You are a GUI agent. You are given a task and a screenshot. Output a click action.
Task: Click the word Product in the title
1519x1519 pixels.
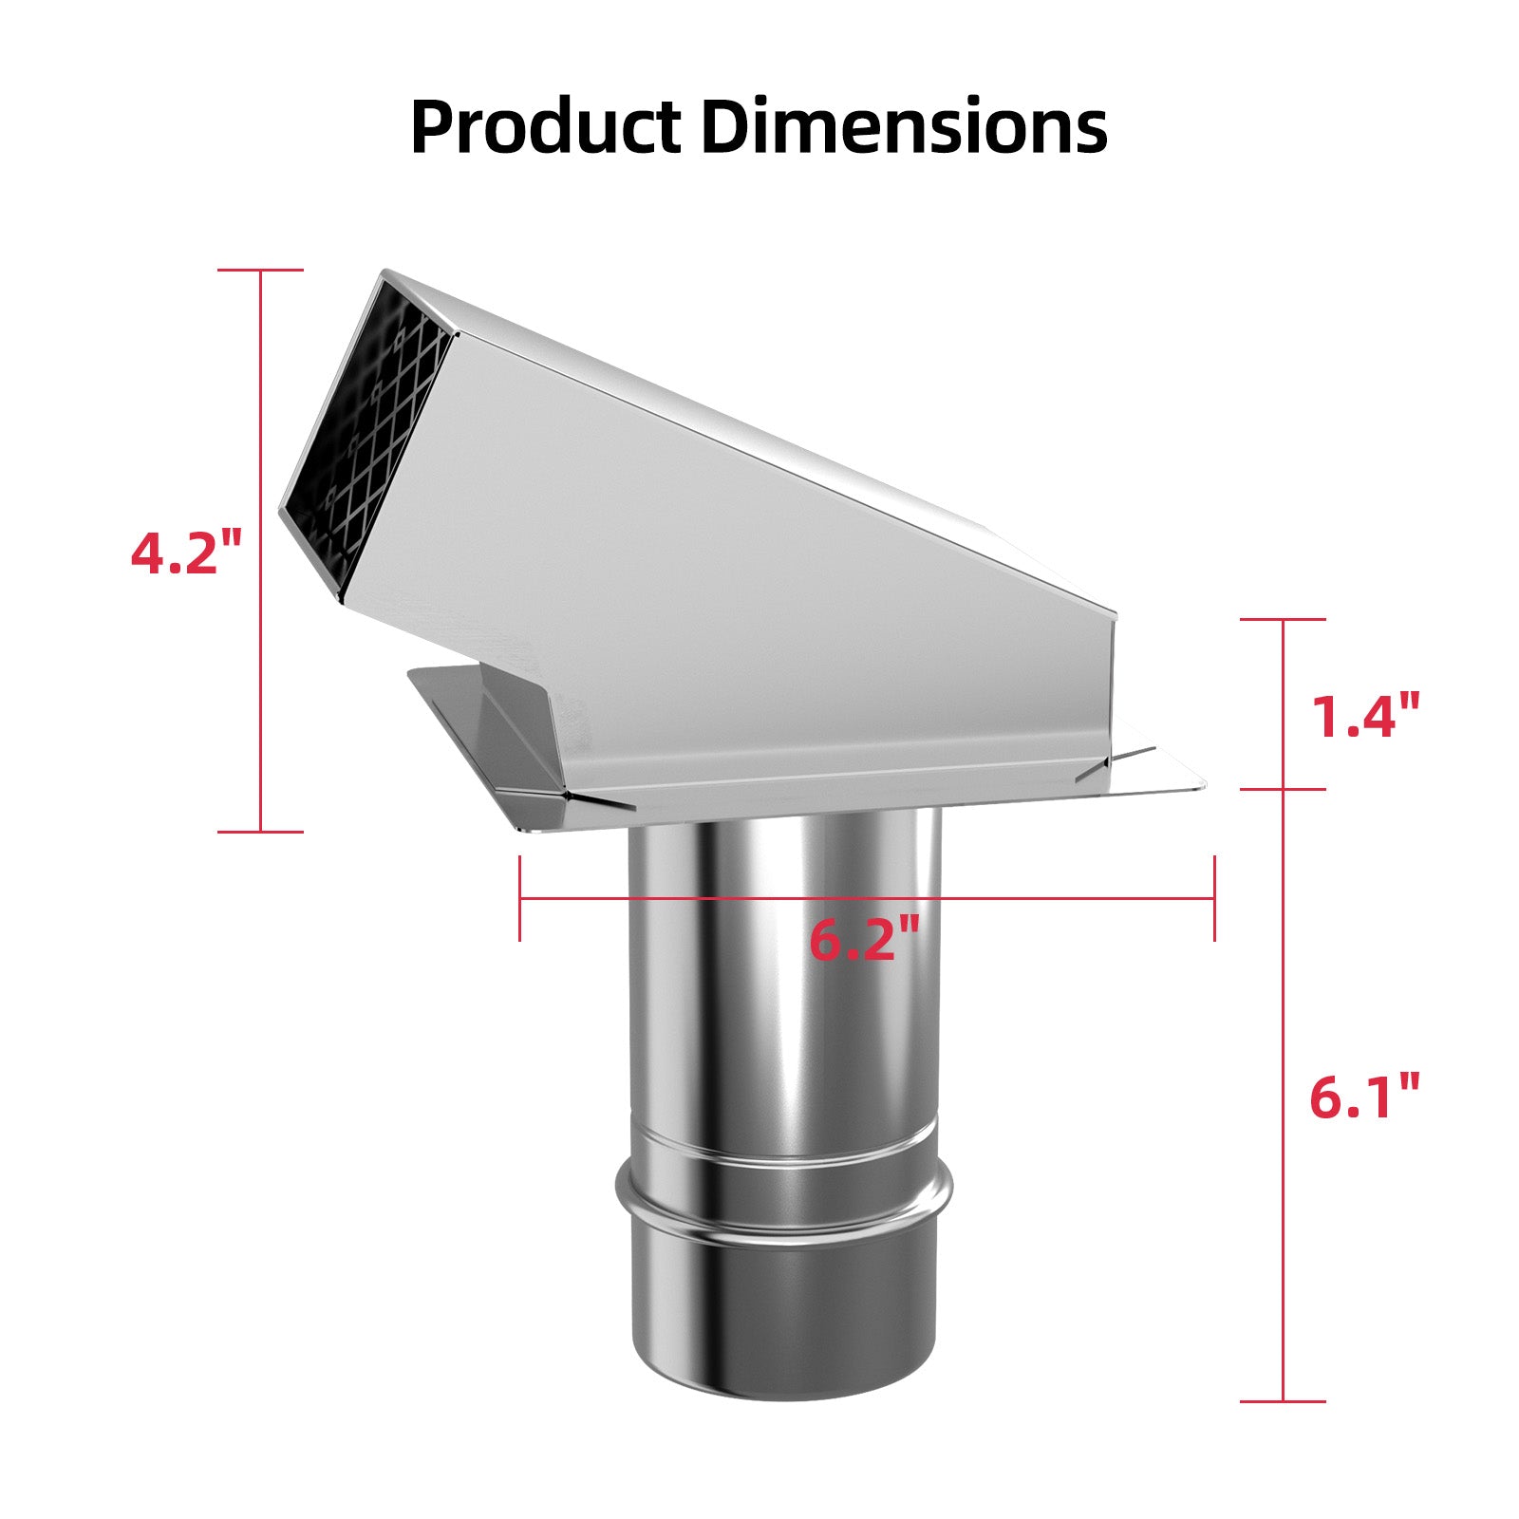(x=545, y=128)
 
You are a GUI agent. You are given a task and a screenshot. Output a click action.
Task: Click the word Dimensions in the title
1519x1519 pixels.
(x=904, y=126)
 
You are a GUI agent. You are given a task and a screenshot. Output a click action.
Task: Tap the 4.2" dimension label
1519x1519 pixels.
(x=187, y=553)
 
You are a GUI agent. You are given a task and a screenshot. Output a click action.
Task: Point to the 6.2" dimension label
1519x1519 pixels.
(x=864, y=940)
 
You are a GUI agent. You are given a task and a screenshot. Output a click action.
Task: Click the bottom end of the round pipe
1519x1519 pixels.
(x=783, y=1381)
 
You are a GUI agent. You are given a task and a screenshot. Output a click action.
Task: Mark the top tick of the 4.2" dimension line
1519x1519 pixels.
(x=261, y=271)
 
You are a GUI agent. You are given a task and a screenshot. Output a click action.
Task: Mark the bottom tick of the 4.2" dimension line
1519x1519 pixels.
(x=261, y=832)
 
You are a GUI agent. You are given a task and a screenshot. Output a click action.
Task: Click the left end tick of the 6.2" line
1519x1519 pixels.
(x=520, y=898)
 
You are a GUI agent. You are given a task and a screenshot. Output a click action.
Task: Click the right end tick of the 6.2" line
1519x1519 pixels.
(x=1214, y=898)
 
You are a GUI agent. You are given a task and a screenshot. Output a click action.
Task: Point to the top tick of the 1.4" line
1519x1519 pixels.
(x=1284, y=620)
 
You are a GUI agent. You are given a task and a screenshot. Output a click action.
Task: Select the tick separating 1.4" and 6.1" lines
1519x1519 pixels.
(x=1284, y=789)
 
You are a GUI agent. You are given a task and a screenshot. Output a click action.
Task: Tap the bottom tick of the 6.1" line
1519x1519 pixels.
(x=1284, y=1401)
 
